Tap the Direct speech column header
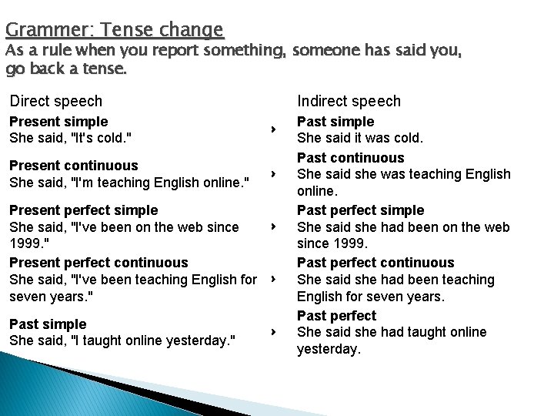(x=55, y=101)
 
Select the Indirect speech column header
(x=349, y=101)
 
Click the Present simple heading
(x=58, y=122)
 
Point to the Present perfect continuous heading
(x=98, y=263)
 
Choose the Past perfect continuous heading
(x=375, y=263)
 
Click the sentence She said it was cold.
(x=359, y=139)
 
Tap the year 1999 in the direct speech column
(x=23, y=243)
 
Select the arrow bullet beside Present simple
(x=273, y=130)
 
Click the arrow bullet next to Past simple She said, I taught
(x=273, y=332)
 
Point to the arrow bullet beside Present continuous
(x=273, y=174)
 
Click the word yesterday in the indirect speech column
(x=328, y=349)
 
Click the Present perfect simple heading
(x=83, y=210)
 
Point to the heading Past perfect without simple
(x=336, y=316)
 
